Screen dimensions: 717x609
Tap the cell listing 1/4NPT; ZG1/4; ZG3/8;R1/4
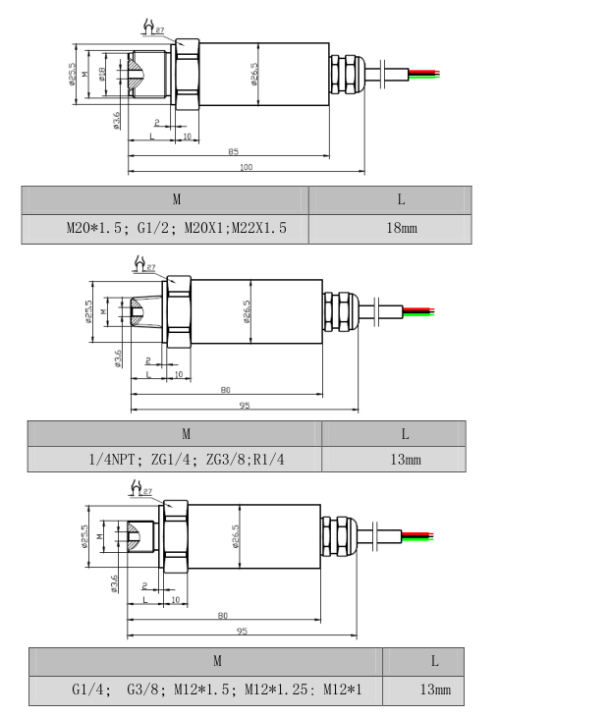(x=186, y=459)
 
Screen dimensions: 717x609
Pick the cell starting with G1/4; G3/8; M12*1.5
(x=216, y=690)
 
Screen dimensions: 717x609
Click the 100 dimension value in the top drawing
(x=246, y=168)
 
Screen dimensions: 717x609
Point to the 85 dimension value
(x=233, y=151)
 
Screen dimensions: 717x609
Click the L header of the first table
(x=401, y=199)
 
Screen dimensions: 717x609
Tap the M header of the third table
(x=216, y=661)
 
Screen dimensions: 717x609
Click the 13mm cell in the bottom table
(x=435, y=690)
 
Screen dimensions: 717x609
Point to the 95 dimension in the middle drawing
(x=243, y=405)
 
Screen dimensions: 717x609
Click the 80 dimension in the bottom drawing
(x=225, y=616)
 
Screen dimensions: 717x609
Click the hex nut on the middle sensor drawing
(x=178, y=311)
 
